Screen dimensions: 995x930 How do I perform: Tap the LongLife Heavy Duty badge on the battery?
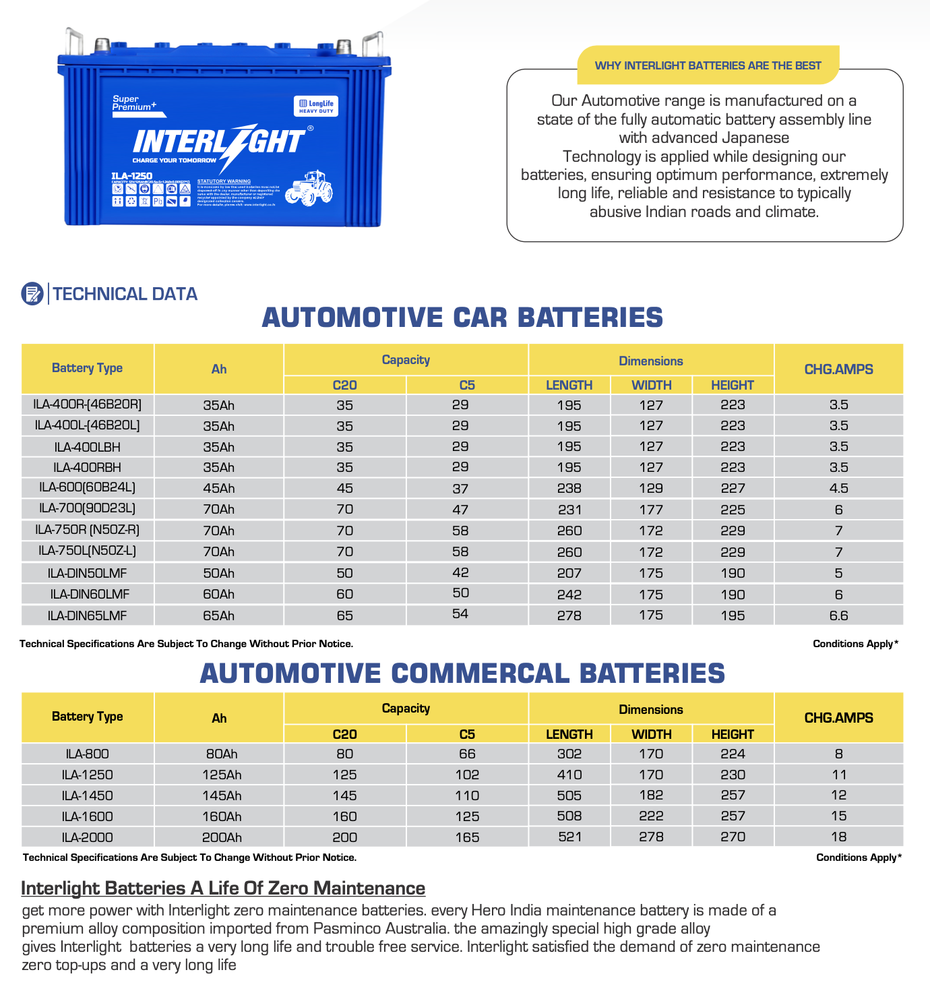point(316,106)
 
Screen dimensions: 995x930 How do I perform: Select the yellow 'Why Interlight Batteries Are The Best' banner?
point(708,65)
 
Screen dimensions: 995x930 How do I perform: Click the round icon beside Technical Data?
point(32,293)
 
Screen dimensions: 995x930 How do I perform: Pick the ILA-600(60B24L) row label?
point(88,487)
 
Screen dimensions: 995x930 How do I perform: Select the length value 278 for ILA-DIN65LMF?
point(569,615)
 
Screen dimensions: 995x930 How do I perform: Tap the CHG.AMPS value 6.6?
point(838,615)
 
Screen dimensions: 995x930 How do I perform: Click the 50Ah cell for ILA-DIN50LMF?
point(219,573)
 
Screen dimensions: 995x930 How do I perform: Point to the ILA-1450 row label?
point(88,795)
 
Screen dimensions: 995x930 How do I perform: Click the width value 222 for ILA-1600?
point(651,816)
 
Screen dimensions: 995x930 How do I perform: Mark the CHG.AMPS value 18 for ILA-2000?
point(838,837)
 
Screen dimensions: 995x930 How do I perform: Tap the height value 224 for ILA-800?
point(733,754)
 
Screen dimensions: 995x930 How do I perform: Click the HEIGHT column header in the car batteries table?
point(733,385)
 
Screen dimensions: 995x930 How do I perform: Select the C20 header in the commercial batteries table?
point(344,734)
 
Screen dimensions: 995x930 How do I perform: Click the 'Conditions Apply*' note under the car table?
point(855,644)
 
